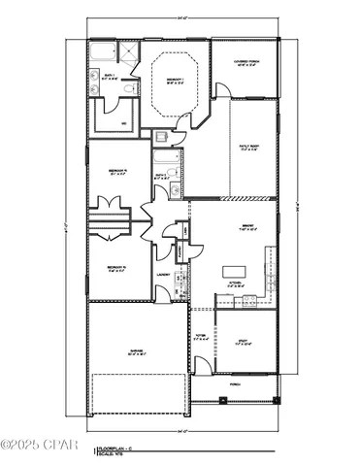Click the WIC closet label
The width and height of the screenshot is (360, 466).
(123, 123)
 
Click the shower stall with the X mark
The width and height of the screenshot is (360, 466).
(102, 52)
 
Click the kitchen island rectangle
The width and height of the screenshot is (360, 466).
(235, 271)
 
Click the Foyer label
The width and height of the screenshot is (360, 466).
(201, 337)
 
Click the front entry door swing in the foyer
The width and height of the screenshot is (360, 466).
(201, 365)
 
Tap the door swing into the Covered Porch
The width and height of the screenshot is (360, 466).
(222, 90)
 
